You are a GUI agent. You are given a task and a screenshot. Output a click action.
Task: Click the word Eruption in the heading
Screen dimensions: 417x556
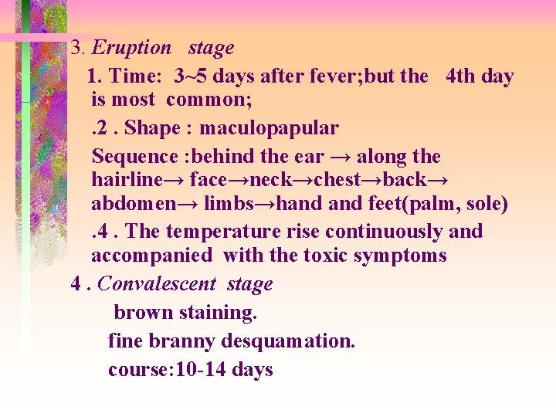click(131, 48)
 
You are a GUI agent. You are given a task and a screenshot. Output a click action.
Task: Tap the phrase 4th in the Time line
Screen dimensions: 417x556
click(461, 76)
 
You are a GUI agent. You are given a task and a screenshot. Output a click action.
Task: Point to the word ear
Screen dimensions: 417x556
click(308, 157)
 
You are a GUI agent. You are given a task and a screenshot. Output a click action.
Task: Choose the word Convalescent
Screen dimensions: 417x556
click(157, 284)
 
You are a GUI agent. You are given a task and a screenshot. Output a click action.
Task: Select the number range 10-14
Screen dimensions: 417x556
click(202, 370)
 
